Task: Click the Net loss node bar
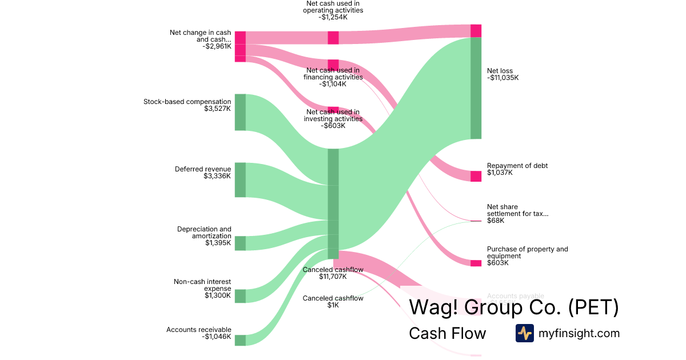(476, 88)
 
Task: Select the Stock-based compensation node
(240, 112)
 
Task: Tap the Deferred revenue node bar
(240, 179)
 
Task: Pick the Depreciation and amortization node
(240, 243)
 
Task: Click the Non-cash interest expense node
(240, 296)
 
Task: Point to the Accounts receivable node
(240, 340)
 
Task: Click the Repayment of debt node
(476, 176)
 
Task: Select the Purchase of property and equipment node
(476, 263)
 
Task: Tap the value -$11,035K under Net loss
(503, 78)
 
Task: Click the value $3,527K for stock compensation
(217, 109)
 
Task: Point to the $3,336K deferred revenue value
(217, 176)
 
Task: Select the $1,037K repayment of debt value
(500, 173)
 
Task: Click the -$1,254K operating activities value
(334, 17)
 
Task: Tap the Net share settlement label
(517, 210)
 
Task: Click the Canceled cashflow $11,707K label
(333, 273)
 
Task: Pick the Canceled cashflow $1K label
(333, 302)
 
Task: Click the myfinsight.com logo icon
(524, 333)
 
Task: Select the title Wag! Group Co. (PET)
(513, 307)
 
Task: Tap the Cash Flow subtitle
(447, 334)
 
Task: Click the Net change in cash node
(240, 46)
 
